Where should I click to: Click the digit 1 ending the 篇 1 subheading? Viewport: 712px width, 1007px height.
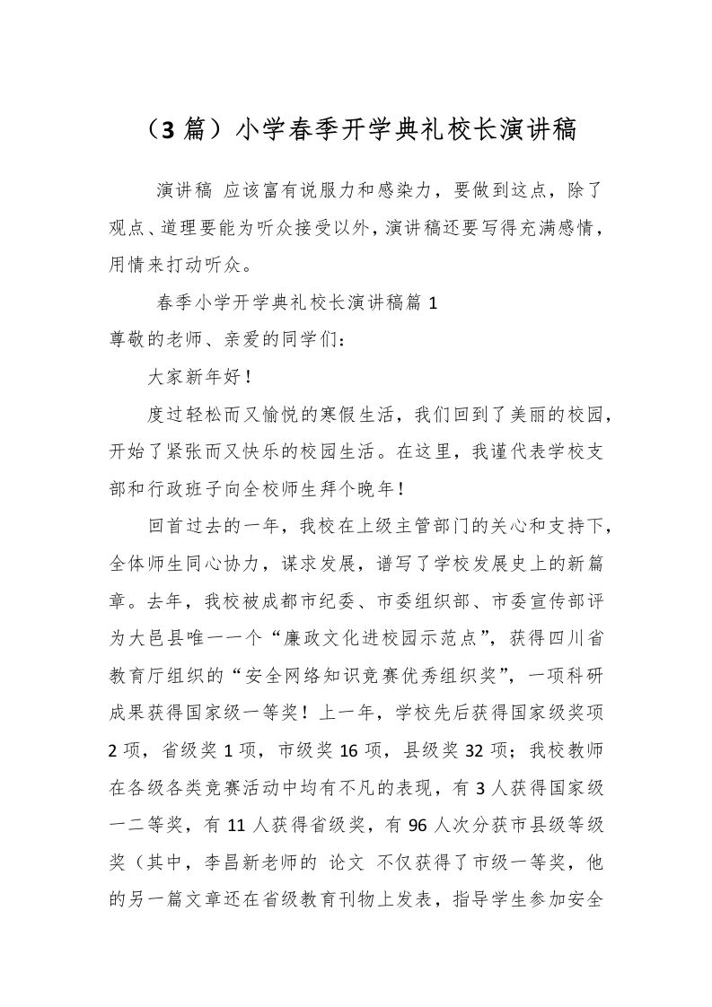[x=434, y=303]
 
